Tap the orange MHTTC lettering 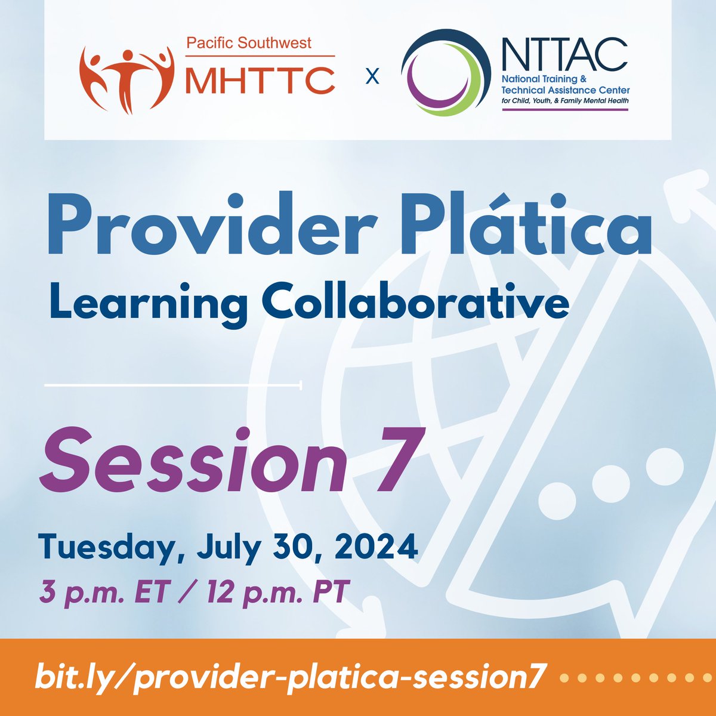pos(260,80)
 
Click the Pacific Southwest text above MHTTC pos(249,44)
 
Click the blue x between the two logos pos(372,77)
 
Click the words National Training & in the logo pos(546,79)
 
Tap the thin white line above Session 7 pos(172,386)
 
